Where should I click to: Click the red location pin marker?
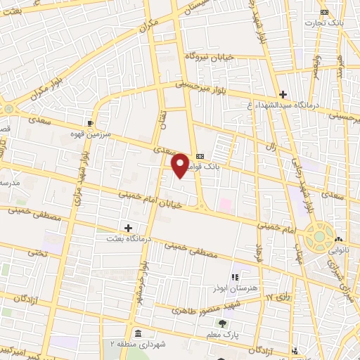pos(181,165)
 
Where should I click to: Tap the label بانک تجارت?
pos(322,22)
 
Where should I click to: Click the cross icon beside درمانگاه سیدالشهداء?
pos(283,94)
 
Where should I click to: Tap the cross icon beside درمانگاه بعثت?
pos(128,228)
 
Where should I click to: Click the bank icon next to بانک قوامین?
pos(200,156)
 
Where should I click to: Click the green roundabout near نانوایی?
pos(321,238)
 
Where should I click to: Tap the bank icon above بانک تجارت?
pos(324,12)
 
